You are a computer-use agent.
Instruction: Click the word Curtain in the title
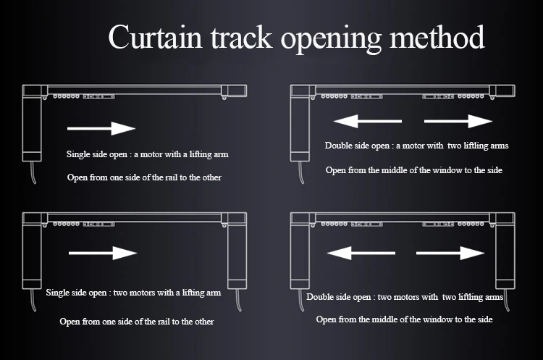coord(155,37)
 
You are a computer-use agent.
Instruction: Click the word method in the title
coord(437,37)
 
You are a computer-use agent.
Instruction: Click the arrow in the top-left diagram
coord(101,128)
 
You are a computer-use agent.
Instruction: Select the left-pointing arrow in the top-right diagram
coord(367,121)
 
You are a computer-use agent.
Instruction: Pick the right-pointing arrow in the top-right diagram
coord(458,121)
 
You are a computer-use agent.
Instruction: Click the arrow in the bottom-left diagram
coord(103,253)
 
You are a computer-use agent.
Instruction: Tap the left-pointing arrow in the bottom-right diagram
coord(361,253)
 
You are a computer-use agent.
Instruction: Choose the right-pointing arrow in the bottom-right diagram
coord(450,253)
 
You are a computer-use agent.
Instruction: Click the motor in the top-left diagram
coord(32,123)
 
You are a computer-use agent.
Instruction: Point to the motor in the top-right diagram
coord(300,123)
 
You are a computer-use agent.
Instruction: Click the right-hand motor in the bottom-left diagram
coord(237,251)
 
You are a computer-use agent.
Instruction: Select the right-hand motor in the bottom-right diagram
coord(505,251)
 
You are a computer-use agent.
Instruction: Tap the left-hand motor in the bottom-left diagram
coord(32,251)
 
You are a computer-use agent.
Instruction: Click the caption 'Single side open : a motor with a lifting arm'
coord(148,154)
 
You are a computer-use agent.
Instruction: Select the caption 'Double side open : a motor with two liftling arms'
coord(416,146)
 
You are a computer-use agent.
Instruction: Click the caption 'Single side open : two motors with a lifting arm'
coord(133,293)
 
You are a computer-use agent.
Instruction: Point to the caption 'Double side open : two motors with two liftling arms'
coord(405,297)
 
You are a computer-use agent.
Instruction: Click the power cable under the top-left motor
coord(33,172)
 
